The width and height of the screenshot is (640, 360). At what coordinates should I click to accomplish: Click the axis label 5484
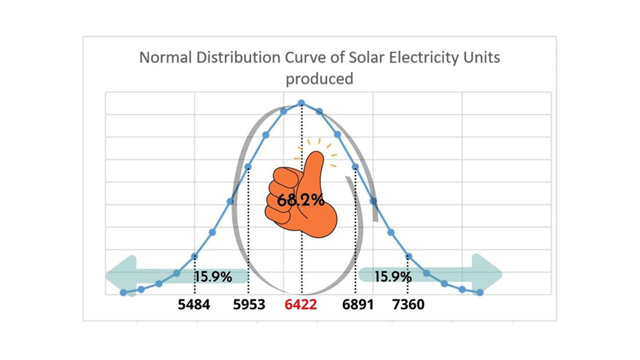coord(194,305)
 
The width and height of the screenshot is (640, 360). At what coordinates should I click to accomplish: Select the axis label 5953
coord(249,305)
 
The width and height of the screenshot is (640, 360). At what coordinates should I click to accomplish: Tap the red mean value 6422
coord(301,305)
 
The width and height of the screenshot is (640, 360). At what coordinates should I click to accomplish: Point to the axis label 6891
coord(357,305)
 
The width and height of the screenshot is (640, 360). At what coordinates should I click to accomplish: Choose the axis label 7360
coord(409,305)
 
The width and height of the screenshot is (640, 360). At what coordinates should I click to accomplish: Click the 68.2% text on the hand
coord(300,200)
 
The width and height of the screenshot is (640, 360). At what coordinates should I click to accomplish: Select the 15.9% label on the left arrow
coord(213,277)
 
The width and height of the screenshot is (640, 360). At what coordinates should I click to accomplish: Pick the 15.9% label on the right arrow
coord(393,277)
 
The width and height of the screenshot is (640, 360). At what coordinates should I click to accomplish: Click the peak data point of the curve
coord(301,103)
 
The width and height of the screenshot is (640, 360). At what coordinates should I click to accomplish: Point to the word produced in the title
coord(319,79)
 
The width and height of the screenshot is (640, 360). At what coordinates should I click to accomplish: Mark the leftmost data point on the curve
coord(123,293)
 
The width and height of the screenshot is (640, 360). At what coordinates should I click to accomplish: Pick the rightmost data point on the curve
coord(480,293)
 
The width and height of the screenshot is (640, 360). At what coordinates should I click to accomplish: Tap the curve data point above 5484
coord(195,257)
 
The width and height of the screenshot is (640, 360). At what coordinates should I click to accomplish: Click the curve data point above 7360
coord(409,257)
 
